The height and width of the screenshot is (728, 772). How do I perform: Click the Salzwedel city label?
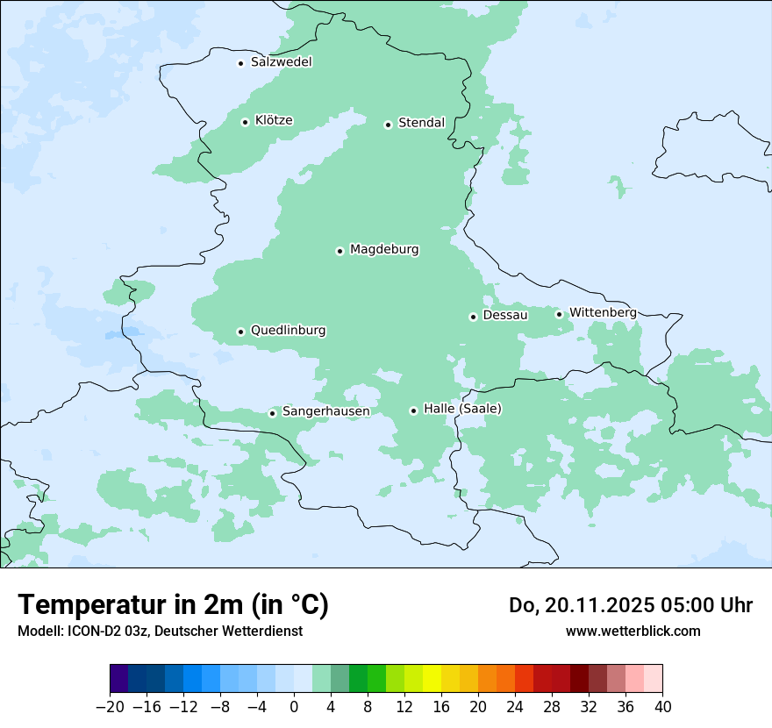[x=281, y=62]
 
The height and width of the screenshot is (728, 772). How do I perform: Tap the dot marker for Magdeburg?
[x=340, y=251]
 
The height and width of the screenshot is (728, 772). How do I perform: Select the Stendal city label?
[x=421, y=123]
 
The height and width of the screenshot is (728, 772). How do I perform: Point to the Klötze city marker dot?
[x=245, y=122]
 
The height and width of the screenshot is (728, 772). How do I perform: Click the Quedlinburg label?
[x=288, y=331]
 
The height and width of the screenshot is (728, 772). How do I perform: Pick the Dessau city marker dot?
[x=473, y=317]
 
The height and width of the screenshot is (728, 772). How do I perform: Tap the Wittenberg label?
[x=603, y=312]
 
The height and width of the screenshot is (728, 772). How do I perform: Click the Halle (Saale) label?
[x=462, y=409]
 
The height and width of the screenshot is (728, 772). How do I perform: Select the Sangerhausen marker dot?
[x=273, y=413]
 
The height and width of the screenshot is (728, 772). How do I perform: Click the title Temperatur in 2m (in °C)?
[x=173, y=605]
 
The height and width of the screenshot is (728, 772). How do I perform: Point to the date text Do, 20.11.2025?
[x=579, y=605]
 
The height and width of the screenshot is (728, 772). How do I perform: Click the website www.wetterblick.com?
[x=633, y=631]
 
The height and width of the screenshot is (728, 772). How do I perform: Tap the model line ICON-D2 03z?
[x=159, y=631]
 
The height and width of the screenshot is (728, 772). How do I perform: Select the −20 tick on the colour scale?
[x=110, y=707]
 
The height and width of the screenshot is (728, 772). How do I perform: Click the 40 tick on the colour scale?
[x=662, y=707]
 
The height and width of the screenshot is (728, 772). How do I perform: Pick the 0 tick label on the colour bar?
[x=294, y=707]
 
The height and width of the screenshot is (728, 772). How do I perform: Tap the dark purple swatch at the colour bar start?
[x=119, y=680]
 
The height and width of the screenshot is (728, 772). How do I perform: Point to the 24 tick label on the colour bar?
[x=515, y=707]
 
